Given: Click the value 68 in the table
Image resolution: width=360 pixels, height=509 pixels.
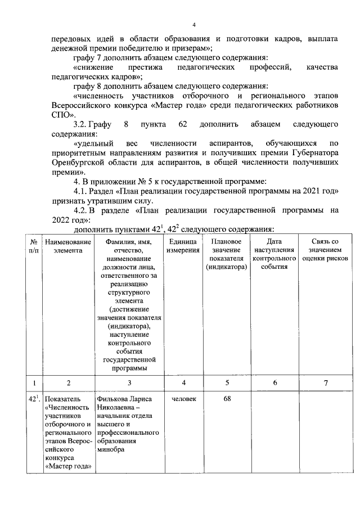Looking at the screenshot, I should pyautogui.click(x=227, y=399).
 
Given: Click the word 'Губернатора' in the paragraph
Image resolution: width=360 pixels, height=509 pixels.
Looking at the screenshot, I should pyautogui.click(x=314, y=152).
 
